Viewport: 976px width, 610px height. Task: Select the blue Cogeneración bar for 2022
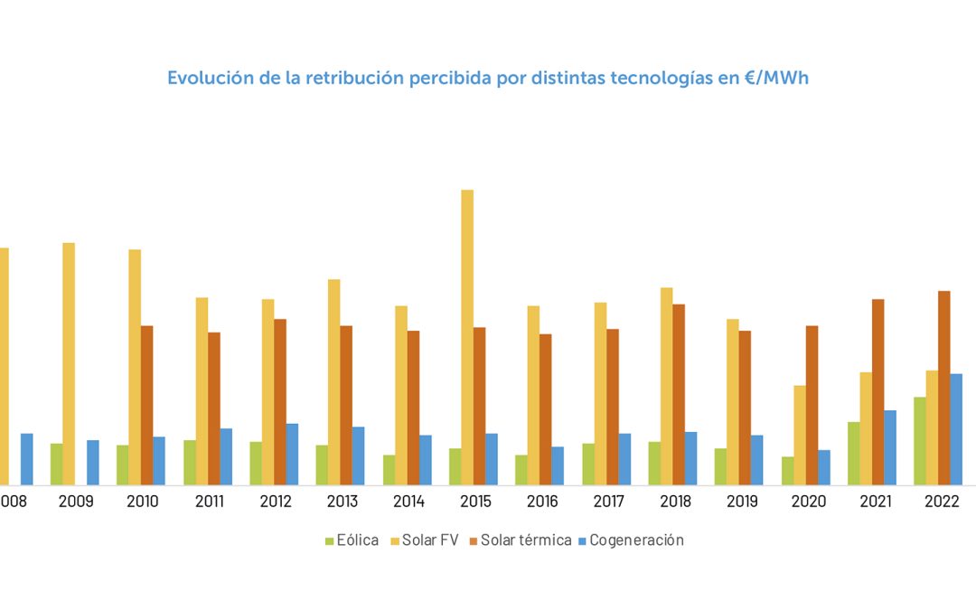click(x=956, y=429)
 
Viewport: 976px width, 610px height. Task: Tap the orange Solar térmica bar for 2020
click(x=812, y=405)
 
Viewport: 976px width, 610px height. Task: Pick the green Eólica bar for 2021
click(x=853, y=454)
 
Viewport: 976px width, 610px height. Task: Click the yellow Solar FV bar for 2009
click(x=69, y=363)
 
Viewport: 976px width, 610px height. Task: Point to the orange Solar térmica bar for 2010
click(x=146, y=405)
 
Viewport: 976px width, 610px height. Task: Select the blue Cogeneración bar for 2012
click(x=292, y=454)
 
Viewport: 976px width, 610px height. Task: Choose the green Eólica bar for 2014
click(x=389, y=470)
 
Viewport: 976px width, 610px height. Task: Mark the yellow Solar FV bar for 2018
click(x=666, y=386)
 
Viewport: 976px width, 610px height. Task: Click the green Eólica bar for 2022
click(x=919, y=441)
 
